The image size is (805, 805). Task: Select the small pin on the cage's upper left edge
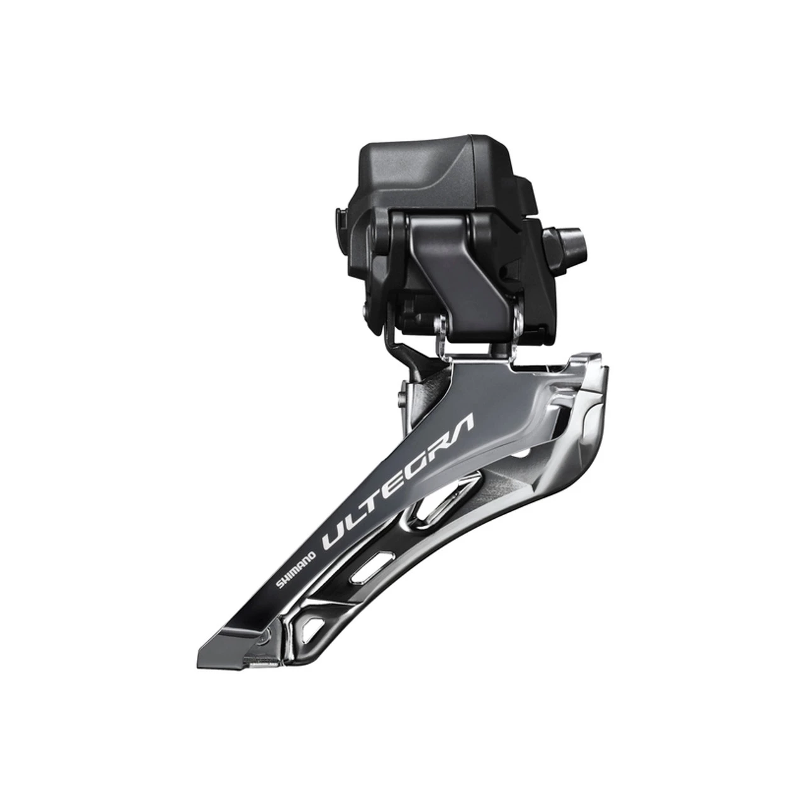click(401, 396)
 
